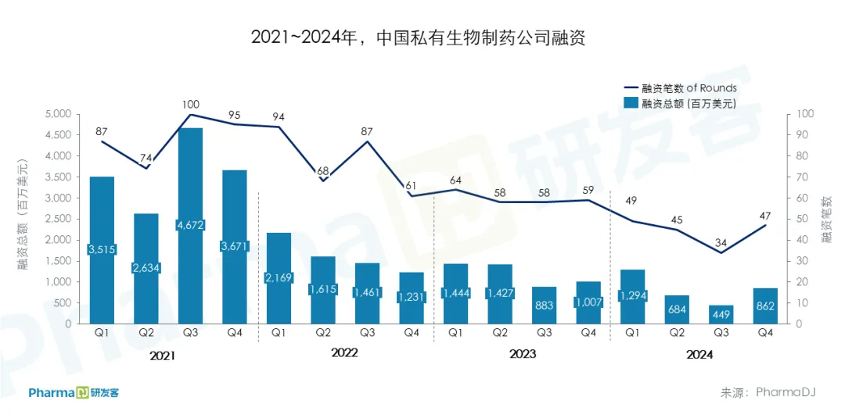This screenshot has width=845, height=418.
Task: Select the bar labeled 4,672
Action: point(190,195)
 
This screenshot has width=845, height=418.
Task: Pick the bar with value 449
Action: point(721,314)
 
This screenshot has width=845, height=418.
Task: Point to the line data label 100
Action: point(190,104)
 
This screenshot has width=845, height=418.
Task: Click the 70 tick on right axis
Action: point(805,177)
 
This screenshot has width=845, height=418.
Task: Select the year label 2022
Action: point(344,353)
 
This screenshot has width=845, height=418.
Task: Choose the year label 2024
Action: point(699,353)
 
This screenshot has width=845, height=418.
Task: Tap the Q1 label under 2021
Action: point(102,332)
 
